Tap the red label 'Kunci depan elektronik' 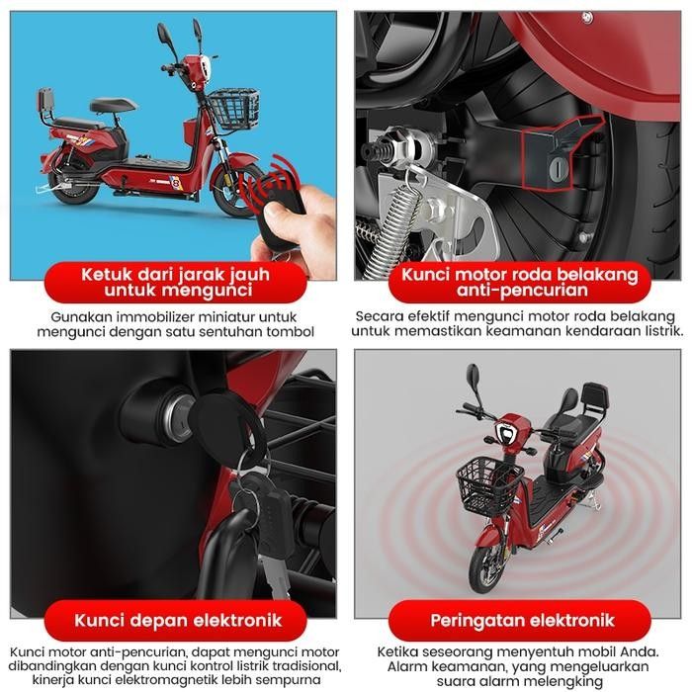(178, 620)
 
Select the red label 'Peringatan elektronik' (523, 620)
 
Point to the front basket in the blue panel (233, 109)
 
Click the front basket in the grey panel (489, 484)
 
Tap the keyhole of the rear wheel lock (559, 168)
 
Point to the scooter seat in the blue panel (113, 105)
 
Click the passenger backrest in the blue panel (45, 99)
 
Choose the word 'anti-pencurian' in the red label (523, 291)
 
